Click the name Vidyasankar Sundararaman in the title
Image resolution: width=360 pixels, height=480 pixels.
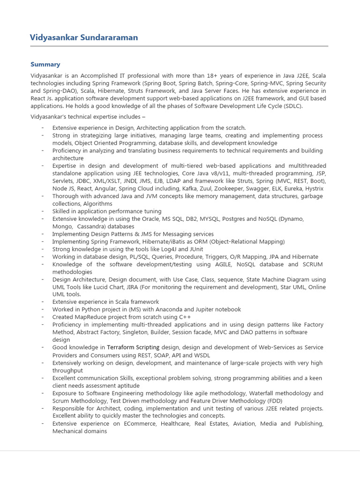coord(84,37)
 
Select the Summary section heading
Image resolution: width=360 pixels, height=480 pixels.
coord(45,64)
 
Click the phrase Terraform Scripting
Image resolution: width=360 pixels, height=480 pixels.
coord(134,347)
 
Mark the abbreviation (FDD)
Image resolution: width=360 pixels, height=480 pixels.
coord(275,401)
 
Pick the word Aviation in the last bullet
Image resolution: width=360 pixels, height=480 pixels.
coord(243,423)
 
